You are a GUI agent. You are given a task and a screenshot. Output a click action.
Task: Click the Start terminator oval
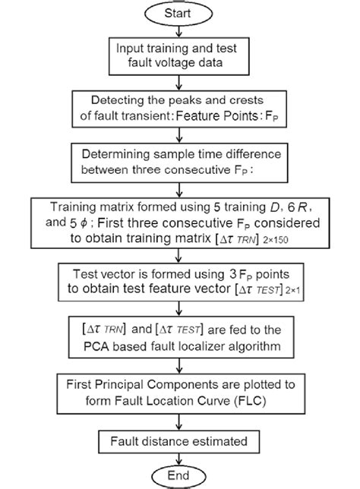[x=180, y=13]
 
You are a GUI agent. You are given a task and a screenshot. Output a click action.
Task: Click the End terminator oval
[x=180, y=475]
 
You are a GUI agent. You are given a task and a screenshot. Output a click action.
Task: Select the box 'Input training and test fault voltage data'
[x=180, y=55]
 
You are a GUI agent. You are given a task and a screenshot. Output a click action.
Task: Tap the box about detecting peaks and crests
[x=180, y=109]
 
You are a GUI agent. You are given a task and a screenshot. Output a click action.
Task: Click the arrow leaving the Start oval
[x=180, y=30]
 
